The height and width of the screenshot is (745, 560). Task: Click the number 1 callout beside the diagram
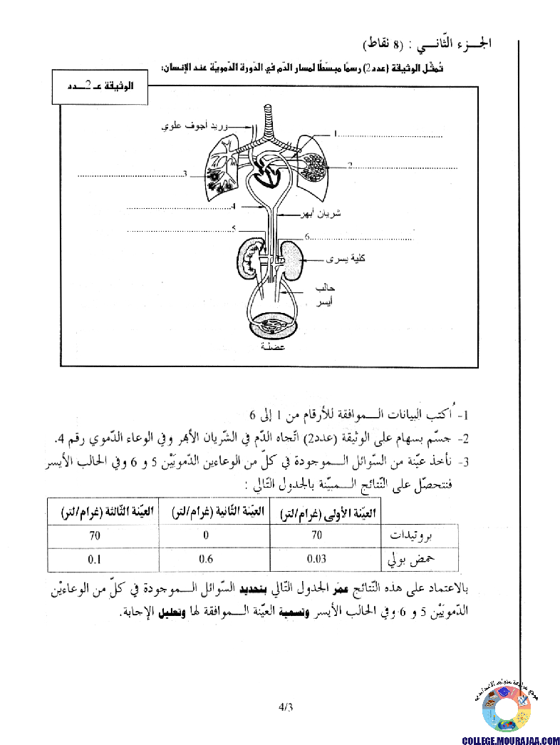336,133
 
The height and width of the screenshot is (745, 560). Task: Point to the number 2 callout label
351,166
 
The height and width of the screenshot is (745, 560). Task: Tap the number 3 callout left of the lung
185,173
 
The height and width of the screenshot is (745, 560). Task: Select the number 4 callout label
233,207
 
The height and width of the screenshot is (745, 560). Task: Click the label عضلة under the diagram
274,348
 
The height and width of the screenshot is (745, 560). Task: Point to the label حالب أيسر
324,295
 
